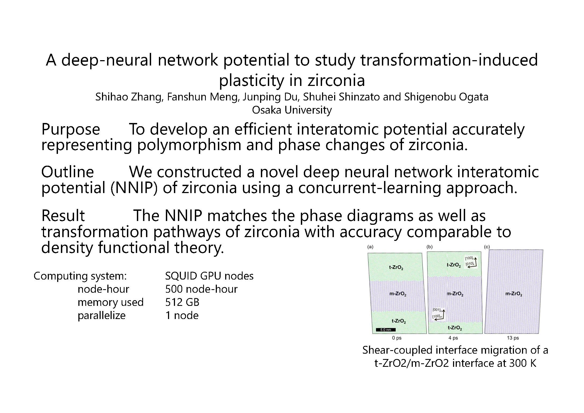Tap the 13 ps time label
tap(513, 338)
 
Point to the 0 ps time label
tap(397, 338)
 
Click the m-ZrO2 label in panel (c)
tap(514, 294)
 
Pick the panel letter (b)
tap(430, 247)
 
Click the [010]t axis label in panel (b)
tap(469, 264)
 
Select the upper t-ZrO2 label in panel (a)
tap(396, 268)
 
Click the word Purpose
tap(71, 129)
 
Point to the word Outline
tap(67, 172)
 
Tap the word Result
tap(63, 216)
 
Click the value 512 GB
tap(182, 302)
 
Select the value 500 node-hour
tap(201, 289)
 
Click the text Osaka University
tap(292, 110)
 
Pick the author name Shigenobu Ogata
tap(446, 97)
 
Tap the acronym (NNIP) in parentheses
tap(134, 188)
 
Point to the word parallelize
tap(101, 316)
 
